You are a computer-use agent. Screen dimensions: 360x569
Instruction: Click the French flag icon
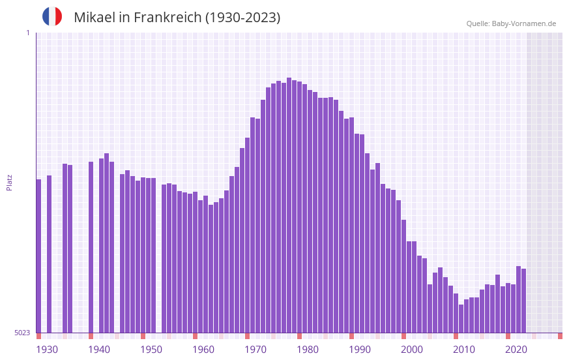tap(52, 17)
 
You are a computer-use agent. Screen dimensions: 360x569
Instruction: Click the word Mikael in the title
tap(94, 18)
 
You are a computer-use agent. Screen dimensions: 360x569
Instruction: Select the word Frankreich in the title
tap(166, 18)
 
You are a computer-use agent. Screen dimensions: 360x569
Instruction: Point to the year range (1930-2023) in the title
tap(242, 18)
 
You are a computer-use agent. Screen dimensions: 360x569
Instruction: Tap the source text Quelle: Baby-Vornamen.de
tap(511, 23)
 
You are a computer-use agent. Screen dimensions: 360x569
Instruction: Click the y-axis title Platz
tap(9, 182)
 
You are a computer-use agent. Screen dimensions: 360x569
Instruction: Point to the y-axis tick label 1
tap(27, 33)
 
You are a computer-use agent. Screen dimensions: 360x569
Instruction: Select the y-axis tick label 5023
tap(22, 333)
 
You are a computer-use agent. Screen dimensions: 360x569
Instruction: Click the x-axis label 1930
tap(47, 350)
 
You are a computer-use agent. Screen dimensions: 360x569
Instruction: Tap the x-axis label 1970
tap(255, 350)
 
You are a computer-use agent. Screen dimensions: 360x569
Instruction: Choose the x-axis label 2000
tap(412, 350)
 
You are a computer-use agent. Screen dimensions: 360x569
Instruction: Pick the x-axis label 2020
tap(516, 350)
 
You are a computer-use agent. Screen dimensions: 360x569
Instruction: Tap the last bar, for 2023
tap(523, 301)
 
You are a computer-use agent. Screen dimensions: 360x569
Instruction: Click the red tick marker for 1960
tap(195, 336)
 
